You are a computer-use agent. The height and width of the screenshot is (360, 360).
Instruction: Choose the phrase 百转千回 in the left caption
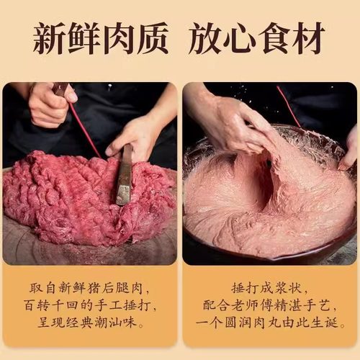59,306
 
